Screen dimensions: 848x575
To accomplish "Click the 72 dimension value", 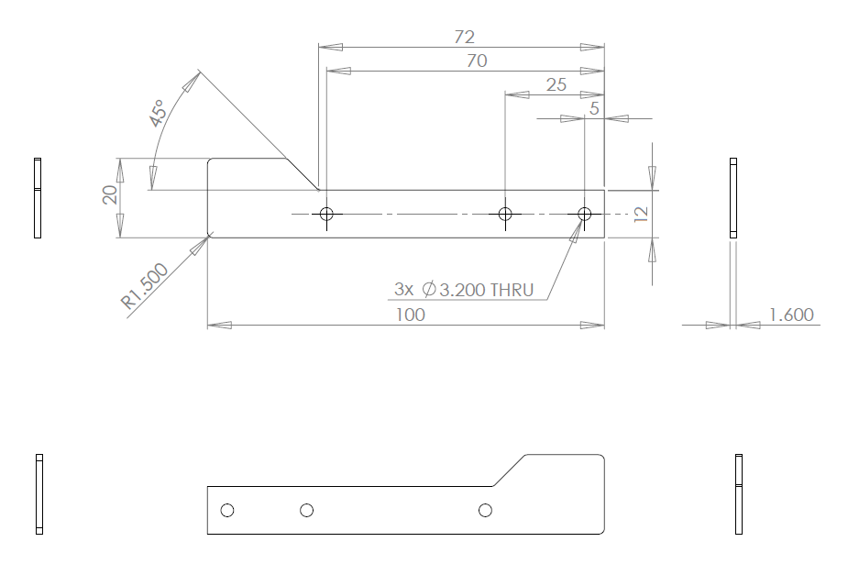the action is click(x=465, y=37).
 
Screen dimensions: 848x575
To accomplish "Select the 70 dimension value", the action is click(x=477, y=61).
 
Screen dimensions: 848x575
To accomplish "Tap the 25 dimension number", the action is click(x=556, y=84).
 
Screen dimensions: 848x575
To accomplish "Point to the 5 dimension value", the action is click(x=594, y=109).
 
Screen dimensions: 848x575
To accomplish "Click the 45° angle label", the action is click(x=158, y=113).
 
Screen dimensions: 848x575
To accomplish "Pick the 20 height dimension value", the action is click(x=110, y=194).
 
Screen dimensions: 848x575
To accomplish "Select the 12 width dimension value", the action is click(x=641, y=215).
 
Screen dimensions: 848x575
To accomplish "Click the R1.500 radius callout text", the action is click(x=145, y=285).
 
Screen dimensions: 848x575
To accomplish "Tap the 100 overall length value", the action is click(x=411, y=315).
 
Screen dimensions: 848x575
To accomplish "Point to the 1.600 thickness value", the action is click(x=791, y=315).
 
